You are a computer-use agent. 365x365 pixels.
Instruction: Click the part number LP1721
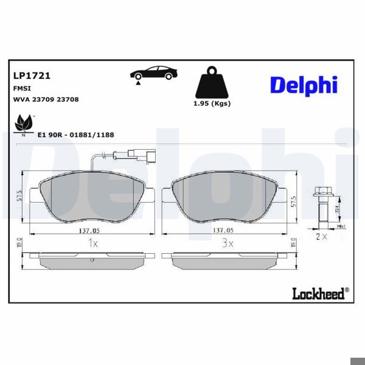tap(32, 76)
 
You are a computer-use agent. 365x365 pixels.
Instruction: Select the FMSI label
tap(23, 88)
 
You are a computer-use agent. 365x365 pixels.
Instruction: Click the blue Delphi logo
tap(304, 85)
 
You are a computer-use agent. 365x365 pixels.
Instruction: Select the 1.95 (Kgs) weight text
tap(211, 103)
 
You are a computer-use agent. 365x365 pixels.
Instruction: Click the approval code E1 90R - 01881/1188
tap(76, 134)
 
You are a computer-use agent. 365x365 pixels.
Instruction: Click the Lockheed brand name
tap(316, 294)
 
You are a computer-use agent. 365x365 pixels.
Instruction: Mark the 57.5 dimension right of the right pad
tap(294, 201)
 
